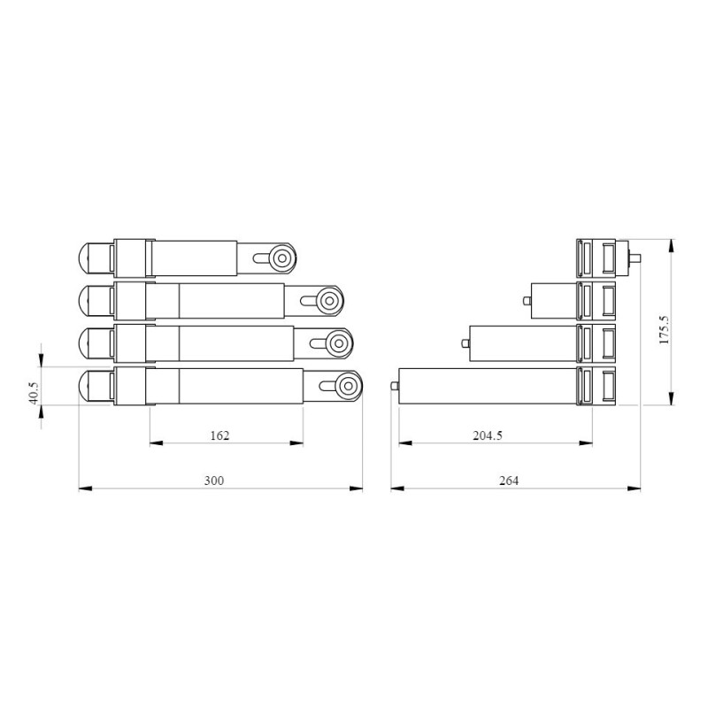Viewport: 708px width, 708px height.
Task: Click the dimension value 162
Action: (219, 435)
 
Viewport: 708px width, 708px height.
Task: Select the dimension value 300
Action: (214, 481)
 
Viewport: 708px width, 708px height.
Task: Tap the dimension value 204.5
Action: (489, 435)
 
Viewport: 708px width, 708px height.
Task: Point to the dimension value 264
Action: (509, 481)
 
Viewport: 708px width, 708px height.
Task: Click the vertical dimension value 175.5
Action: (664, 329)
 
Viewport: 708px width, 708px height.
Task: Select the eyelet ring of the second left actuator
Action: (329, 300)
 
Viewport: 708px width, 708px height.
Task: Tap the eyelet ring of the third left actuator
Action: (338, 342)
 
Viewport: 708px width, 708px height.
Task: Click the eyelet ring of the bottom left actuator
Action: (348, 386)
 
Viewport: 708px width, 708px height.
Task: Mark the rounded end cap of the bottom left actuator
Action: (88, 386)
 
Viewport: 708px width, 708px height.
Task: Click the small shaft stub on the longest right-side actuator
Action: (395, 386)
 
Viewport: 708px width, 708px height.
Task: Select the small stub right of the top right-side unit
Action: (635, 258)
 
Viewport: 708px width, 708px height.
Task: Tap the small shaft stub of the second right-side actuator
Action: (527, 301)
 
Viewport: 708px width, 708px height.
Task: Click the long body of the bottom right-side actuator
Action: (487, 386)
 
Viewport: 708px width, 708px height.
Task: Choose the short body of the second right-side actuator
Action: (553, 301)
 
